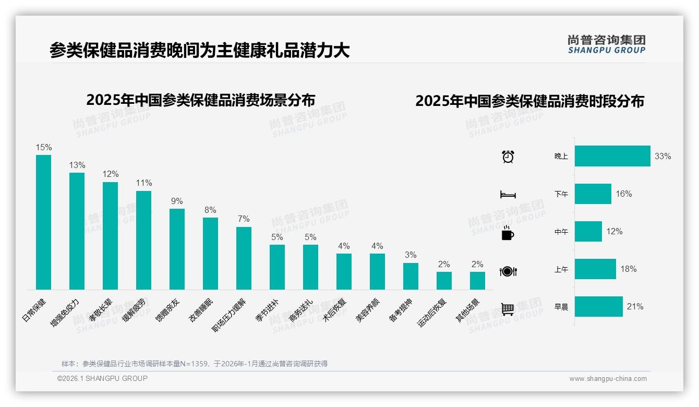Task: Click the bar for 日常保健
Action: pyautogui.click(x=43, y=222)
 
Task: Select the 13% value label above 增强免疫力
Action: pyautogui.click(x=77, y=165)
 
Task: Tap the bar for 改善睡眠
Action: pyautogui.click(x=210, y=253)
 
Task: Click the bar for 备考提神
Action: pyautogui.click(x=411, y=276)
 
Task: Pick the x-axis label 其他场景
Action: pyautogui.click(x=468, y=310)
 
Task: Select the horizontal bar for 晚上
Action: pyautogui.click(x=612, y=156)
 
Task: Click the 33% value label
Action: pyautogui.click(x=662, y=156)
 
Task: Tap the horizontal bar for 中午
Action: pyautogui.click(x=588, y=231)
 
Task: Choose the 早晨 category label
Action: pyautogui.click(x=561, y=307)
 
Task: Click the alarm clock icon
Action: pyautogui.click(x=508, y=156)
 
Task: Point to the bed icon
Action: pyautogui.click(x=508, y=195)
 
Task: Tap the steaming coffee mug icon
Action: pyautogui.click(x=508, y=233)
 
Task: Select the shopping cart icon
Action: pyautogui.click(x=508, y=309)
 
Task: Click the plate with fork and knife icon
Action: pyautogui.click(x=508, y=271)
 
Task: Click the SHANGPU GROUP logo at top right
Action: pyautogui.click(x=607, y=44)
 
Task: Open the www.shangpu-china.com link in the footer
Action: pyautogui.click(x=608, y=379)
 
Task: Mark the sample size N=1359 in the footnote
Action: pyautogui.click(x=194, y=364)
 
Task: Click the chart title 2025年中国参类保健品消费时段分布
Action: pyautogui.click(x=529, y=101)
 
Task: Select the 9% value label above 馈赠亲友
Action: pyautogui.click(x=177, y=201)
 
